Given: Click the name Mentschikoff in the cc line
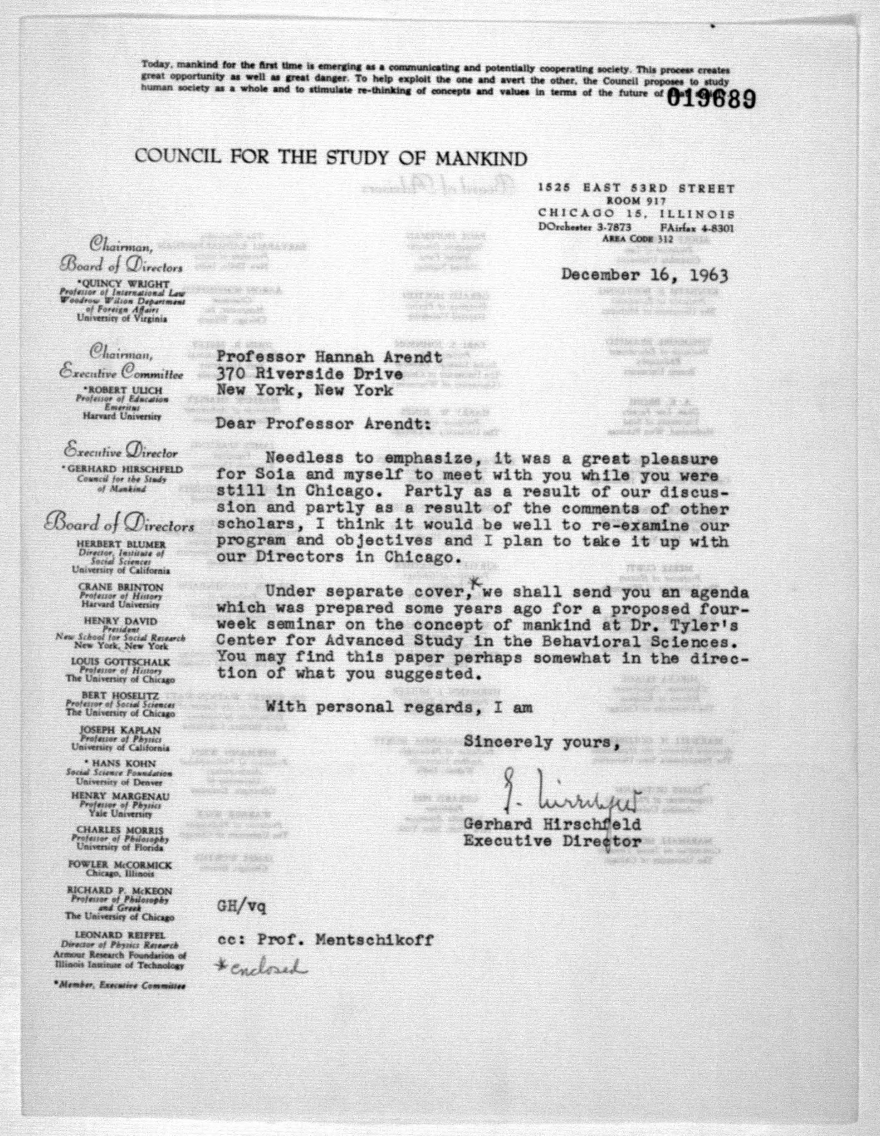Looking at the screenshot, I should click(x=381, y=940).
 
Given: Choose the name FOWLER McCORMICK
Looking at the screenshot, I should click(x=120, y=865).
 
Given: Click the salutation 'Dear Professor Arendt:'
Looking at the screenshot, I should click(x=323, y=424).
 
